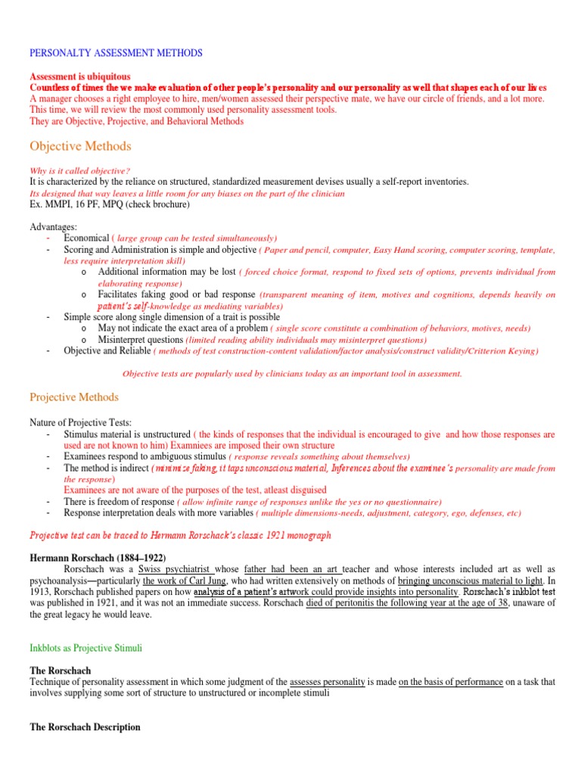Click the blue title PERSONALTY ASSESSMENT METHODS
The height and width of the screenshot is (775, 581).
coord(116,53)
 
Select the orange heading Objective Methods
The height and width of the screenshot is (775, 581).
coord(80,146)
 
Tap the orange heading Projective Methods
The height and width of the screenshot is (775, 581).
coord(74,397)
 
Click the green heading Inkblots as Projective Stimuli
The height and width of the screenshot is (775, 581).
coord(85,649)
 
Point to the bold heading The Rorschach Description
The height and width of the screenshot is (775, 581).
coord(85,727)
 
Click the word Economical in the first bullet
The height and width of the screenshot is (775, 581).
coord(87,238)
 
